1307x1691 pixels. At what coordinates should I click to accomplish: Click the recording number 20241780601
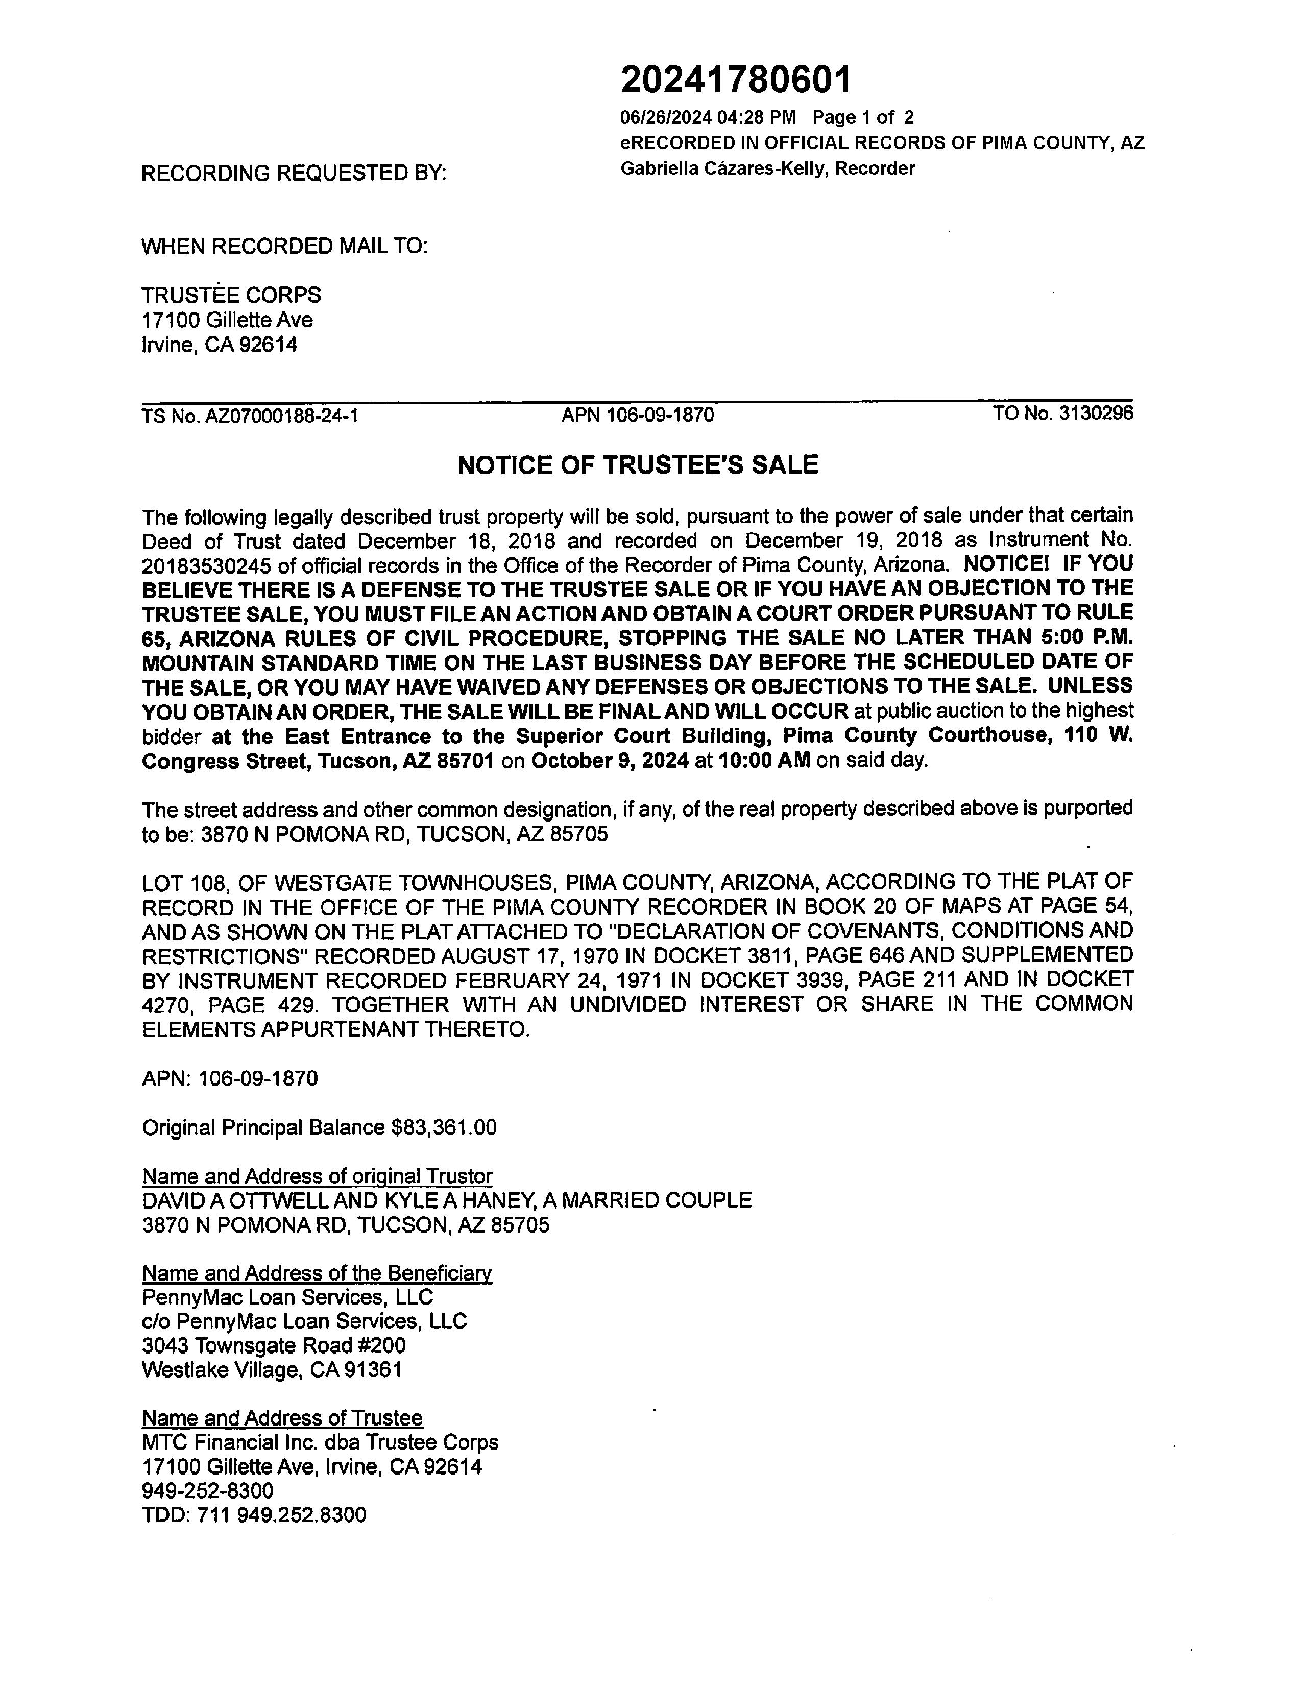pos(736,80)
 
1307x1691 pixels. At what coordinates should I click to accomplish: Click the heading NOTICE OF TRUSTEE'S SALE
pos(637,465)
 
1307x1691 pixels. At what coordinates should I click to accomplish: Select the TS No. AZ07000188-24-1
pos(249,417)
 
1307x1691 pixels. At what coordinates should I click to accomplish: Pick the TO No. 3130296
pos(1062,414)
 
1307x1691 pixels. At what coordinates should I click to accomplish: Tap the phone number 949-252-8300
pos(207,1490)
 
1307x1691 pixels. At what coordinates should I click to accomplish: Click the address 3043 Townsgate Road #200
pos(274,1346)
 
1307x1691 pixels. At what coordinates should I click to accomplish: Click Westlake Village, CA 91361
pos(272,1370)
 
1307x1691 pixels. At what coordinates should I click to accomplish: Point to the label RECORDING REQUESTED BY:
pos(294,174)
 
